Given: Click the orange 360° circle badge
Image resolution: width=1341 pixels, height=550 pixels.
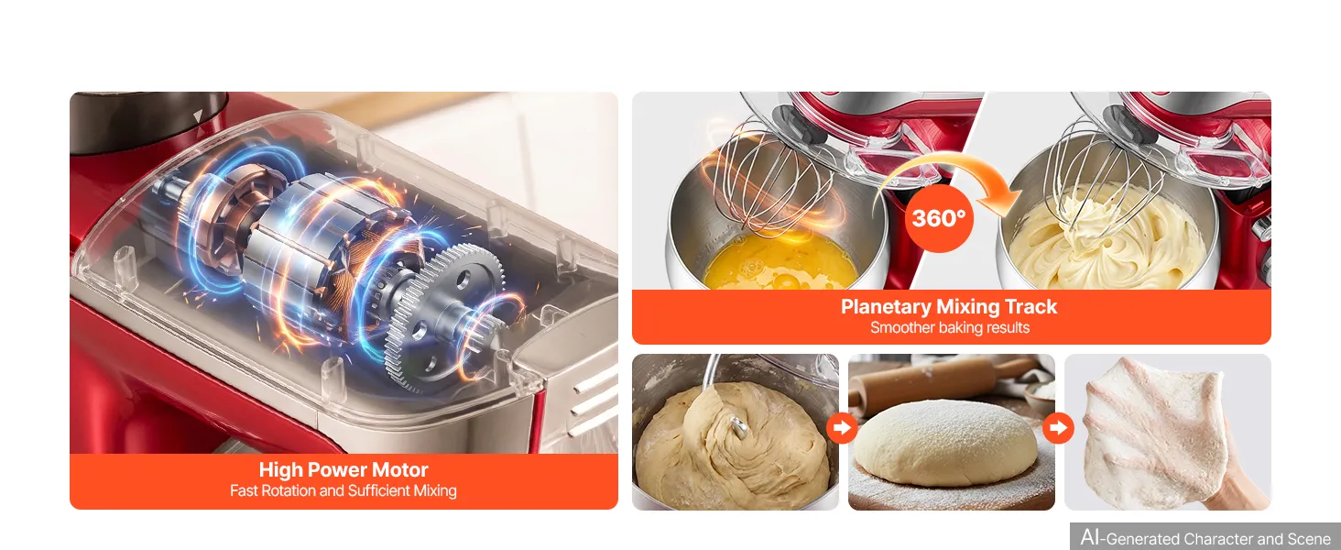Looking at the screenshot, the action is [939, 218].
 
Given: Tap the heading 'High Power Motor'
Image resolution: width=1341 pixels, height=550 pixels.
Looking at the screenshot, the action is [343, 469].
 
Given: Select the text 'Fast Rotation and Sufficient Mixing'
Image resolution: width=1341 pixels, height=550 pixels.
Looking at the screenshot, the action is [343, 490].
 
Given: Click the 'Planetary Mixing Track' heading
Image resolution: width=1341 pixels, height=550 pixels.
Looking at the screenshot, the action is [949, 306].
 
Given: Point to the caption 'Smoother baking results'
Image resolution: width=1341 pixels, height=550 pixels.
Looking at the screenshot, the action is [950, 328].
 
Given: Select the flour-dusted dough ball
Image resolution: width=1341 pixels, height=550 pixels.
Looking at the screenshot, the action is [945, 444].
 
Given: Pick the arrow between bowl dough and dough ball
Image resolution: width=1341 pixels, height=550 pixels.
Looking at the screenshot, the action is [842, 428].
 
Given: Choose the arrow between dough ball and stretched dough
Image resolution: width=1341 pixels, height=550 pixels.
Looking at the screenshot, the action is [1058, 428].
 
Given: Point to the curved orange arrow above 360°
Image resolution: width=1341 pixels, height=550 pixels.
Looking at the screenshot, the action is [952, 170].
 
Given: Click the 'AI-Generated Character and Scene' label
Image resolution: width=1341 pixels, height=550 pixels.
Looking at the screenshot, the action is [1205, 537].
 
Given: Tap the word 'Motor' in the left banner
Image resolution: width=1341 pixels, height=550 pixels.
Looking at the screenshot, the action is [399, 469].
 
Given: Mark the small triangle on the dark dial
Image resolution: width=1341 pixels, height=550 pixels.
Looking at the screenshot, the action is [198, 115].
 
